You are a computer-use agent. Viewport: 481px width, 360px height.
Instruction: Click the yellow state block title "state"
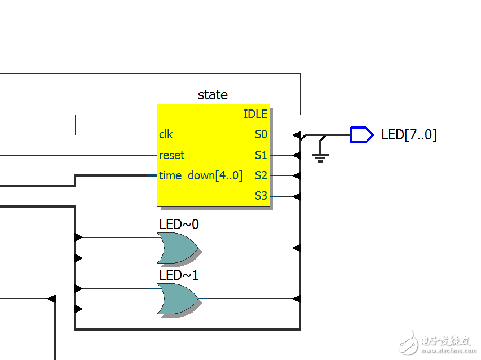[x=213, y=95]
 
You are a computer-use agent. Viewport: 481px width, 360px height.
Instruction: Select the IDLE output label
[x=255, y=114]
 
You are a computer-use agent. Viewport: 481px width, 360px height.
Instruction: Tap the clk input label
[x=166, y=135]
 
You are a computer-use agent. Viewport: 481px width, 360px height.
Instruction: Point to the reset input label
[x=171, y=155]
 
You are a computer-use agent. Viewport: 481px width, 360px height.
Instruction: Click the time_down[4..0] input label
[x=200, y=175]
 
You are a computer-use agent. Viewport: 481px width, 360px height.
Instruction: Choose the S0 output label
[x=261, y=135]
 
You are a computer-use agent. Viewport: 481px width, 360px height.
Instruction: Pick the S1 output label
[x=261, y=155]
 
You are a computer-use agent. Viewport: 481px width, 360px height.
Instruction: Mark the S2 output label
[x=261, y=175]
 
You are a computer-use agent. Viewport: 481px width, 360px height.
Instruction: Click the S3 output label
[x=261, y=196]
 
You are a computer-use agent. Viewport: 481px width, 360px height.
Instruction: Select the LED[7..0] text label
[x=409, y=135]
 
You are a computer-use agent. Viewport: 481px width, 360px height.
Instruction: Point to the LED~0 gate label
[x=179, y=225]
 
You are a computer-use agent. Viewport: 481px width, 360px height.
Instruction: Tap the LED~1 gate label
[x=179, y=276]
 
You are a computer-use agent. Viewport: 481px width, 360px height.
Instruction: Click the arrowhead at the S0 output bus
[x=297, y=135]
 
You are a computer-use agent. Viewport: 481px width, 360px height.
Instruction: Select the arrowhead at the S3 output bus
[x=297, y=196]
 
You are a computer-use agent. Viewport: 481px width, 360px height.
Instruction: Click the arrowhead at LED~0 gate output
[x=297, y=248]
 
